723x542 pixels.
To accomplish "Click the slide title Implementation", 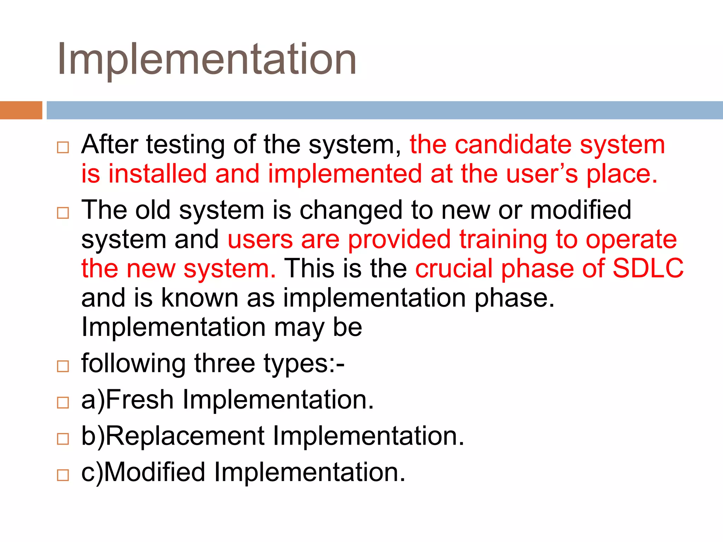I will pos(207,59).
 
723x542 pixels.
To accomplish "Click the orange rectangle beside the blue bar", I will pos(21,110).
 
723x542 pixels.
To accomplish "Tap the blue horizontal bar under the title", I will pos(384,110).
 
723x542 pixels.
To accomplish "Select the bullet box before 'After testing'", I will pos(63,147).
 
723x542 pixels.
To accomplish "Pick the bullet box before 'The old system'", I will pos(63,213).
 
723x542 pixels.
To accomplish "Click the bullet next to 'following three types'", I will pos(63,366).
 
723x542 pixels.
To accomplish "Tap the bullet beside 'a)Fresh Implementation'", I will pos(63,402).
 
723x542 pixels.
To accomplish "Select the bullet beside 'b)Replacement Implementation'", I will pos(63,439).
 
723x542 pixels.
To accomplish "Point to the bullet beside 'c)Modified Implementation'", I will pos(63,475).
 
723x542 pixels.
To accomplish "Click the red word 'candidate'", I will pos(513,145).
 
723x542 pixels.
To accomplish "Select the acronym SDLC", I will pos(648,269).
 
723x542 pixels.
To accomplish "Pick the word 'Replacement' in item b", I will pos(185,436).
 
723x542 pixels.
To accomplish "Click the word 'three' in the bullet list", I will pos(225,363).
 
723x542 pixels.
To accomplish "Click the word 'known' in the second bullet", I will pos(200,298).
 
